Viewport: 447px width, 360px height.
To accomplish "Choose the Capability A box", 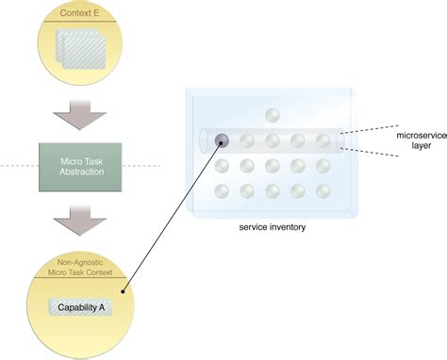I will [80, 307].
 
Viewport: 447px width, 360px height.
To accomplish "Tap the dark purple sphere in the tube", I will [223, 141].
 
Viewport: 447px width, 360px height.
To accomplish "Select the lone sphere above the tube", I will [273, 116].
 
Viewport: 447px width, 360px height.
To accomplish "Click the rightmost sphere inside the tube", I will [323, 141].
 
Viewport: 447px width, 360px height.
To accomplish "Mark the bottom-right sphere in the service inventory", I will [323, 192].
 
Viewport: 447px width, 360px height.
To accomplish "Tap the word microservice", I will [421, 136].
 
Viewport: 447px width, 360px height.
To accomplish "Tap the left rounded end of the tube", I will [205, 141].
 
